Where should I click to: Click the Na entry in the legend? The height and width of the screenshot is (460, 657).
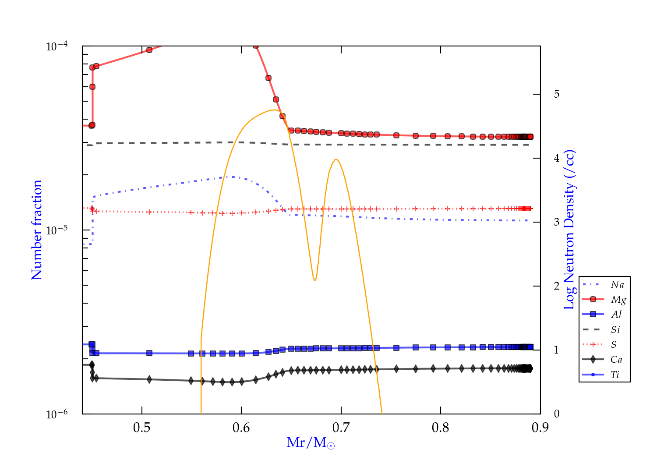[617, 285]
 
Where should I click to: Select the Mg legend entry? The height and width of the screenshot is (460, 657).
[618, 300]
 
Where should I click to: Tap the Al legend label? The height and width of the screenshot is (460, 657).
[617, 315]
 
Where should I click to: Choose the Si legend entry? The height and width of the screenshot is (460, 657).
[616, 329]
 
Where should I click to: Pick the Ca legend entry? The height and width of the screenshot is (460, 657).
[616, 360]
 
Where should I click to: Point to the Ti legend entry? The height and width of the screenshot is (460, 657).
[615, 375]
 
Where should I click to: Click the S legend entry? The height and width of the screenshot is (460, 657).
[614, 345]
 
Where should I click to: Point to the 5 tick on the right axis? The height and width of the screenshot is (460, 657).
[557, 94]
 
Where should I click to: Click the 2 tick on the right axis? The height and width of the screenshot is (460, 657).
[557, 286]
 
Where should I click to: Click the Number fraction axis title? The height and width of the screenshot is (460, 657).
[37, 230]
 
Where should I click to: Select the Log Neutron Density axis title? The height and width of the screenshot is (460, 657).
[569, 230]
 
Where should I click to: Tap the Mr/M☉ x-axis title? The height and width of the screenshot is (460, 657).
[311, 443]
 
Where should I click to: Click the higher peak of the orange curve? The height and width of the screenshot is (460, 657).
[275, 110]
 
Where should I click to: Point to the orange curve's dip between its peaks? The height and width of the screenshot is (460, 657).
[314, 280]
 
